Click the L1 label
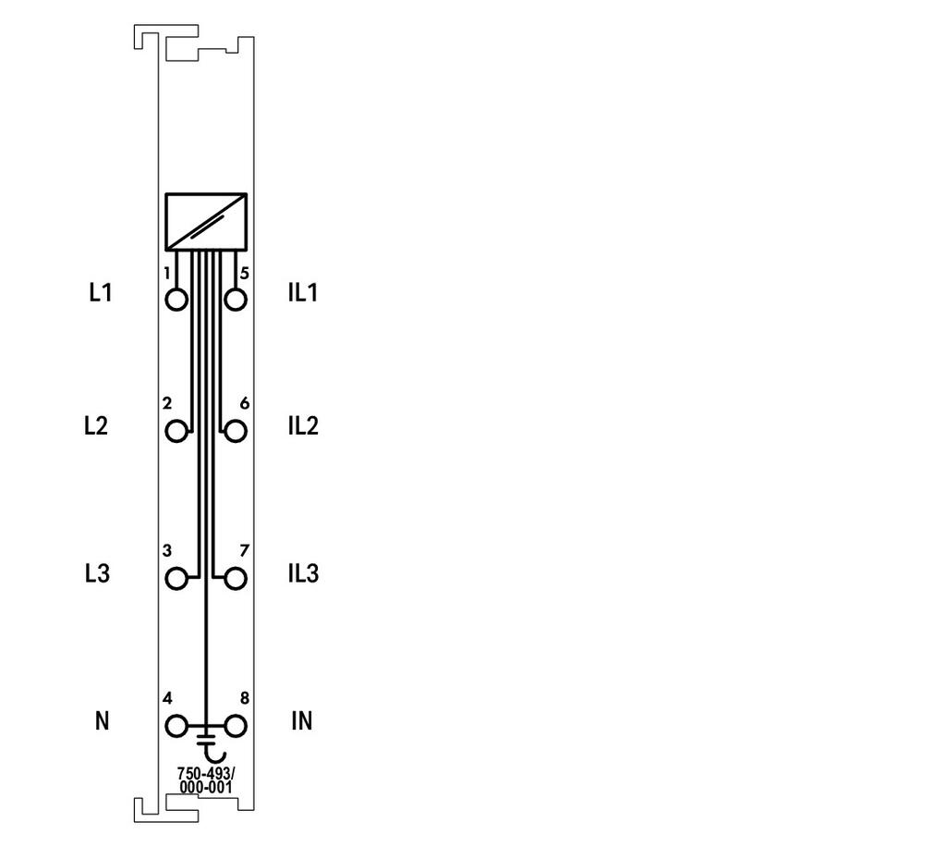click(101, 292)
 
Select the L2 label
click(96, 425)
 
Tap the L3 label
click(97, 573)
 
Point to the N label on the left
click(102, 720)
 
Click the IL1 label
click(303, 292)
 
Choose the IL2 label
click(303, 425)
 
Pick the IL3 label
click(303, 573)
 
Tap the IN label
click(302, 720)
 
